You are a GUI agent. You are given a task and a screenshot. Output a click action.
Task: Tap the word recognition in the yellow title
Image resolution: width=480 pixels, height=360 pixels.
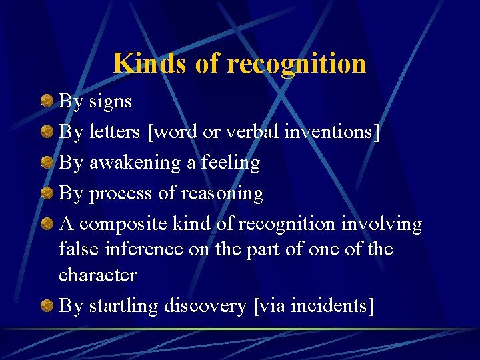tap(297, 64)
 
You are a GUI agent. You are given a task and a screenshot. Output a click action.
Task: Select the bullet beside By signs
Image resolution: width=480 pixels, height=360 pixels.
tap(47, 101)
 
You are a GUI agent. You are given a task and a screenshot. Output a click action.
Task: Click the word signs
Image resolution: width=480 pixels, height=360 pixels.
tap(110, 101)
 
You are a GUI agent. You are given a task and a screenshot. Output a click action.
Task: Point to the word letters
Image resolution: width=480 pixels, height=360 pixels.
tap(115, 132)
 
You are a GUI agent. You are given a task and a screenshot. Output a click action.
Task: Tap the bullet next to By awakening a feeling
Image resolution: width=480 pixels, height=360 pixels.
tap(47, 163)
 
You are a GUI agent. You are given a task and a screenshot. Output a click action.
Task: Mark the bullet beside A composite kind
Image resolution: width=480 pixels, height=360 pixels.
tap(47, 224)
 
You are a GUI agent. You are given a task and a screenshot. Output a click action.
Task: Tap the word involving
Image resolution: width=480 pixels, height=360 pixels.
tap(381, 224)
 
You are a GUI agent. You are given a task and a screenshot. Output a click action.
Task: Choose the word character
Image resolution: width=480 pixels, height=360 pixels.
tap(97, 275)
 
